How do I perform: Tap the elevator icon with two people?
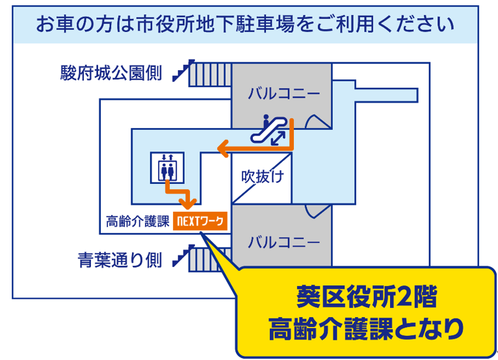click(x=167, y=168)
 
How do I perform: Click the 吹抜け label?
click(x=262, y=175)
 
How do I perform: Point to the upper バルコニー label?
click(x=284, y=94)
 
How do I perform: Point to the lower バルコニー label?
click(x=284, y=242)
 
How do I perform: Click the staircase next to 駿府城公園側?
click(x=202, y=73)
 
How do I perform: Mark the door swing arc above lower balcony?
click(x=318, y=211)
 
